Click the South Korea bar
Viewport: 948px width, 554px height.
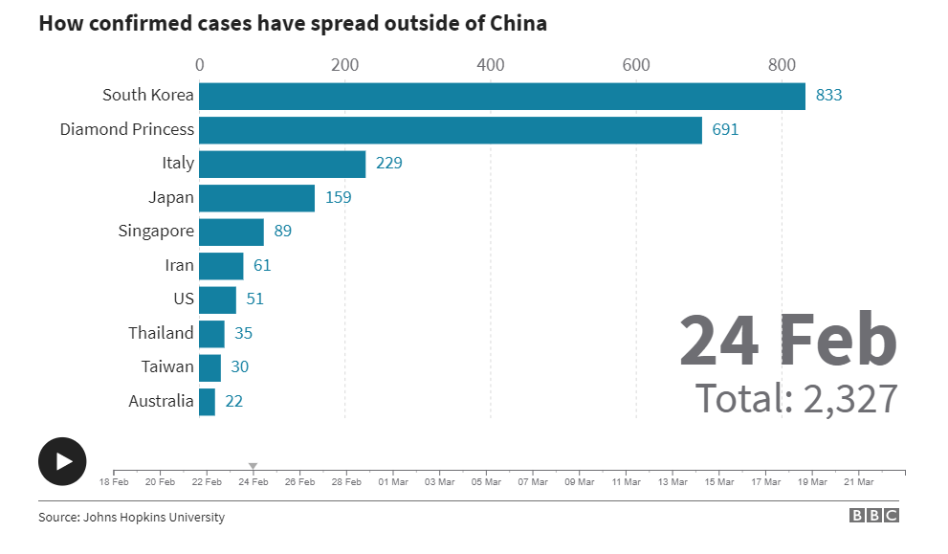[502, 96]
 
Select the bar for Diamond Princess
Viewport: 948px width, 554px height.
[451, 129]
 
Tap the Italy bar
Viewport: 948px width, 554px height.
[282, 164]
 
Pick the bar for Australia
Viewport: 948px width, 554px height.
[207, 401]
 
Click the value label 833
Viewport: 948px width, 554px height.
[828, 96]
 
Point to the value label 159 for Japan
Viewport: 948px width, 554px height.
[339, 198]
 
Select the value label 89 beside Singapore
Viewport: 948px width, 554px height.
[282, 232]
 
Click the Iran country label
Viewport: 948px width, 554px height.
[179, 265]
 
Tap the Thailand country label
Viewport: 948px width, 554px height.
[161, 333]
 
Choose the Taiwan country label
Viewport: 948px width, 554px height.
[167, 366]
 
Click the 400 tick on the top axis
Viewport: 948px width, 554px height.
[491, 65]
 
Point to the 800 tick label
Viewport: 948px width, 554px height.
[782, 65]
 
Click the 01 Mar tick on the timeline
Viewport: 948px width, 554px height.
[393, 481]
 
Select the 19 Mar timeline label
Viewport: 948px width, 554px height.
[812, 481]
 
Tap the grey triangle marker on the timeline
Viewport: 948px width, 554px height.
[253, 466]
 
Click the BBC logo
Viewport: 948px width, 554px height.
[874, 516]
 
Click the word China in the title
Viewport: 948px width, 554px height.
[517, 24]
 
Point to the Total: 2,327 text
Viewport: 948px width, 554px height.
[796, 398]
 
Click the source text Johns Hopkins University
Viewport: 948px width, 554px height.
[155, 518]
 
